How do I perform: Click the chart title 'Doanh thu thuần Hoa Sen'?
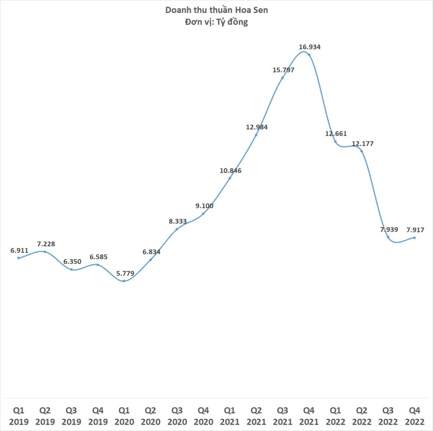pyautogui.click(x=216, y=10)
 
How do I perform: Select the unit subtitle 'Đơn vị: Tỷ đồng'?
pyautogui.click(x=216, y=22)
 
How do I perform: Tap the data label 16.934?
pyautogui.click(x=310, y=47)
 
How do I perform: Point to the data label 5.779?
pyautogui.click(x=125, y=274)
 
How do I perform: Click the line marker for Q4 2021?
pyautogui.click(x=309, y=55)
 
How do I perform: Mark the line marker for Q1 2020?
pyautogui.click(x=124, y=281)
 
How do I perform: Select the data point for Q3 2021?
pyautogui.click(x=282, y=78)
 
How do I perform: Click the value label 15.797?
pyautogui.click(x=283, y=70)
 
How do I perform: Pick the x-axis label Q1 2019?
pyautogui.click(x=19, y=416)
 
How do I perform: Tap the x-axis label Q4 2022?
pyautogui.click(x=414, y=416)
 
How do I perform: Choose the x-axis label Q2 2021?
pyautogui.click(x=256, y=416)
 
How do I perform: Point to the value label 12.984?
pyautogui.click(x=257, y=127)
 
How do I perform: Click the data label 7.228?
pyautogui.click(x=46, y=244)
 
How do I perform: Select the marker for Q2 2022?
pyautogui.click(x=362, y=151)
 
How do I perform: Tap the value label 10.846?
pyautogui.click(x=231, y=171)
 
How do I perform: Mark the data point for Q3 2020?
pyautogui.click(x=177, y=229)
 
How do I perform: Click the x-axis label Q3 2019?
pyautogui.click(x=71, y=416)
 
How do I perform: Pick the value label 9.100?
pyautogui.click(x=204, y=206)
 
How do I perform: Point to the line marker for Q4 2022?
pyautogui.click(x=414, y=238)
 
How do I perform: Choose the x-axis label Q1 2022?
pyautogui.click(x=335, y=416)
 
